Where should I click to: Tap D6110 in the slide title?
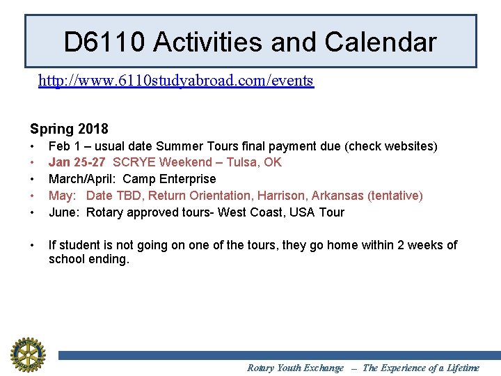tap(104, 42)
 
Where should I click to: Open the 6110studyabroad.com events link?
tap(176, 81)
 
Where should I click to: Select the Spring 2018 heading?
tap(69, 129)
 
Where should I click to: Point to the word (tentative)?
tap(393, 196)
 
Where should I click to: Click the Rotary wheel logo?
tap(27, 354)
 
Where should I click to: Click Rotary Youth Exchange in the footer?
tap(295, 368)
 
